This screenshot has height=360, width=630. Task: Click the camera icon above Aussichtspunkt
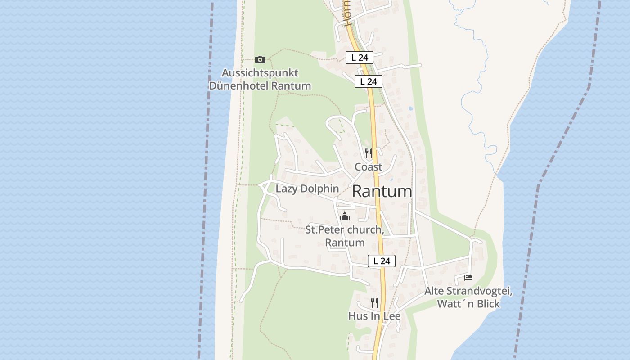coord(260,59)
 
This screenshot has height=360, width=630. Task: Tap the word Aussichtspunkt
coord(260,73)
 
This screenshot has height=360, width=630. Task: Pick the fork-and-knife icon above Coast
coord(369,153)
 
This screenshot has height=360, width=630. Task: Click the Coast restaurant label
coord(369,167)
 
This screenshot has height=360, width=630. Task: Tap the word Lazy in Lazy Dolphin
coord(287,189)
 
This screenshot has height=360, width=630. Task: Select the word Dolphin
coord(319,189)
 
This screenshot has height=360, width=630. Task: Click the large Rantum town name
coord(382,192)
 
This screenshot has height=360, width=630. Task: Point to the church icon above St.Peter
coord(345,216)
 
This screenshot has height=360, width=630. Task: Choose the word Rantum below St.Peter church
coord(345,243)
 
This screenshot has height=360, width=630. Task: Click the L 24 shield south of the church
coord(382,261)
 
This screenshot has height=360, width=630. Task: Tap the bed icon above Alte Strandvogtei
coord(468,278)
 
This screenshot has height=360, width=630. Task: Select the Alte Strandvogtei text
coord(468,291)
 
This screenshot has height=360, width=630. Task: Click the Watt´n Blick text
coord(468,304)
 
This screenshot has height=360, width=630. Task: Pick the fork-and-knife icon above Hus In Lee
coord(374,302)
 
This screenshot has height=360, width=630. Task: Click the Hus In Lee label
coord(374,316)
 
